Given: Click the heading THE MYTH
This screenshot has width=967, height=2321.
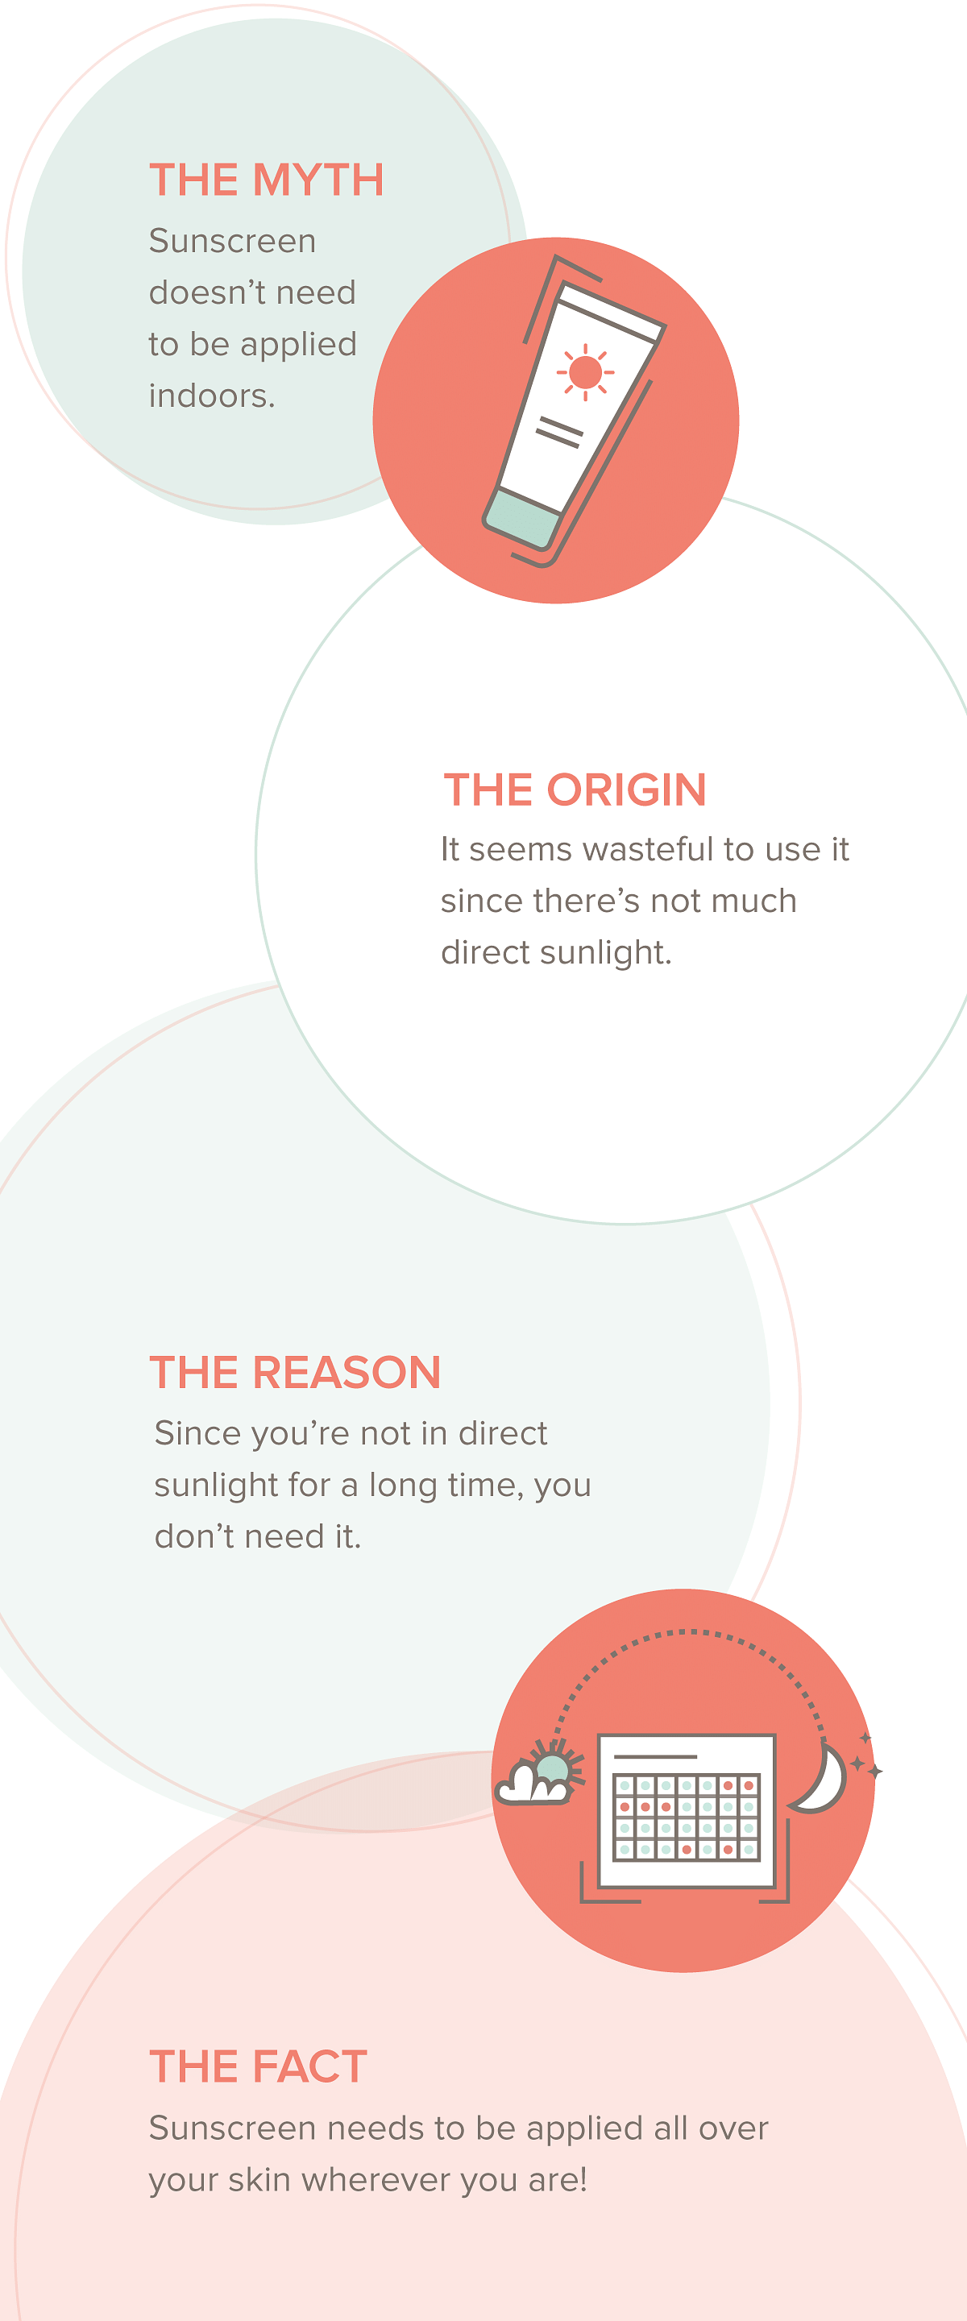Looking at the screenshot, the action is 267,180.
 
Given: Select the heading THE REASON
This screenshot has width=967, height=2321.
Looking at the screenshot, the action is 296,1372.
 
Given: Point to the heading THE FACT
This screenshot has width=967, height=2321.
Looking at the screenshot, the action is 259,2066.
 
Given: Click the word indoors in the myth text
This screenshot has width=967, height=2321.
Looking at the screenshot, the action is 212,396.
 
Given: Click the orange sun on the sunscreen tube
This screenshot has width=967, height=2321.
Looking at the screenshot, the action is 586,371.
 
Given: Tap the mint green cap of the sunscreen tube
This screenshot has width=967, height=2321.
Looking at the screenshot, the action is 523,518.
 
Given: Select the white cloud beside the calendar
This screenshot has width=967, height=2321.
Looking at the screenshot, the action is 533,1783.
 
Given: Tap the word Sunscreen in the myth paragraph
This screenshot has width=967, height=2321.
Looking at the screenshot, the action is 233,241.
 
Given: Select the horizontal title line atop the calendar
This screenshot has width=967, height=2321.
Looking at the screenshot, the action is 655,1756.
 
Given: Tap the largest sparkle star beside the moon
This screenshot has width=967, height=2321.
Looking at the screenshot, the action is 874,1772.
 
